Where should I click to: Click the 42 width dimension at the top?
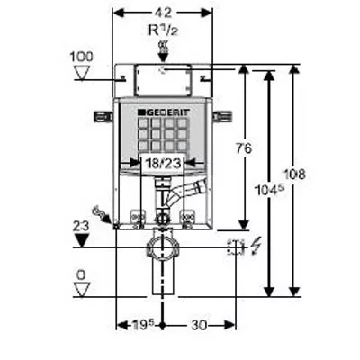(x=163, y=13)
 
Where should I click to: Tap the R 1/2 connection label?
(x=163, y=30)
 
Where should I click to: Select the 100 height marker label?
(x=81, y=57)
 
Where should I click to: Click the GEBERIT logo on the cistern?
(x=164, y=112)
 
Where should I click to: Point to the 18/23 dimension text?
(x=163, y=163)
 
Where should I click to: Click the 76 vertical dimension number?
(x=243, y=148)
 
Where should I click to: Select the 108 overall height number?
(x=294, y=175)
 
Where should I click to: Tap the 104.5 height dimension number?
(x=269, y=190)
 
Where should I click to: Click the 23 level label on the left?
(x=81, y=226)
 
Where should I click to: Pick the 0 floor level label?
(x=81, y=275)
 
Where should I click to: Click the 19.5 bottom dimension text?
(x=143, y=325)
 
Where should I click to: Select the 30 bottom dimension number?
(x=199, y=325)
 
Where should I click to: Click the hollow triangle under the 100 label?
(x=82, y=73)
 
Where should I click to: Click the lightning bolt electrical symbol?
(x=256, y=246)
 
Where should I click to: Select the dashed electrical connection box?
(x=237, y=247)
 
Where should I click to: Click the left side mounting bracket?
(x=103, y=117)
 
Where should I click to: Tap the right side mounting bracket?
(x=222, y=117)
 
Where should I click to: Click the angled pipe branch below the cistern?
(x=186, y=192)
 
